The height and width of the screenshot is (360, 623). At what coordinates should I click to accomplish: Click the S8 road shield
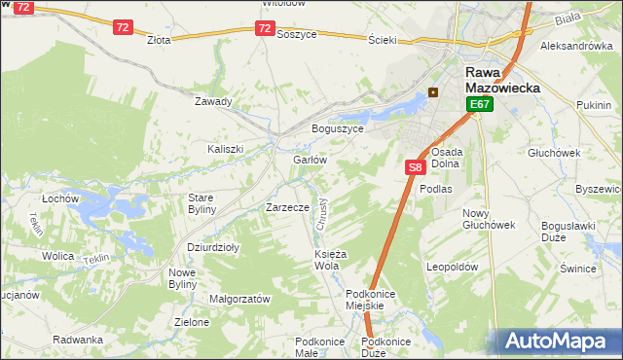415,167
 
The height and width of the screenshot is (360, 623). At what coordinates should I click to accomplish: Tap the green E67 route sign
478,104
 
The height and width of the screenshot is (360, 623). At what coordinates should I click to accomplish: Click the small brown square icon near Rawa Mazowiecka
433,93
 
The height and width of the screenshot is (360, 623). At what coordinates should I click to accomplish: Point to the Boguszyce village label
337,128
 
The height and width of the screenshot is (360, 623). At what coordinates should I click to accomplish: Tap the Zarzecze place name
287,207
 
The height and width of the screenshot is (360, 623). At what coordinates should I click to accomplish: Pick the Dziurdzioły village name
213,247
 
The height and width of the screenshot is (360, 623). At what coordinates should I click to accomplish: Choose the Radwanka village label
79,340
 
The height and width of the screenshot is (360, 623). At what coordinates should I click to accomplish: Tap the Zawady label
213,101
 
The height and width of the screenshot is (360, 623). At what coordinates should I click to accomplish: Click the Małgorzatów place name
239,300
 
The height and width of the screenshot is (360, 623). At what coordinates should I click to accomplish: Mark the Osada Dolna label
446,158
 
